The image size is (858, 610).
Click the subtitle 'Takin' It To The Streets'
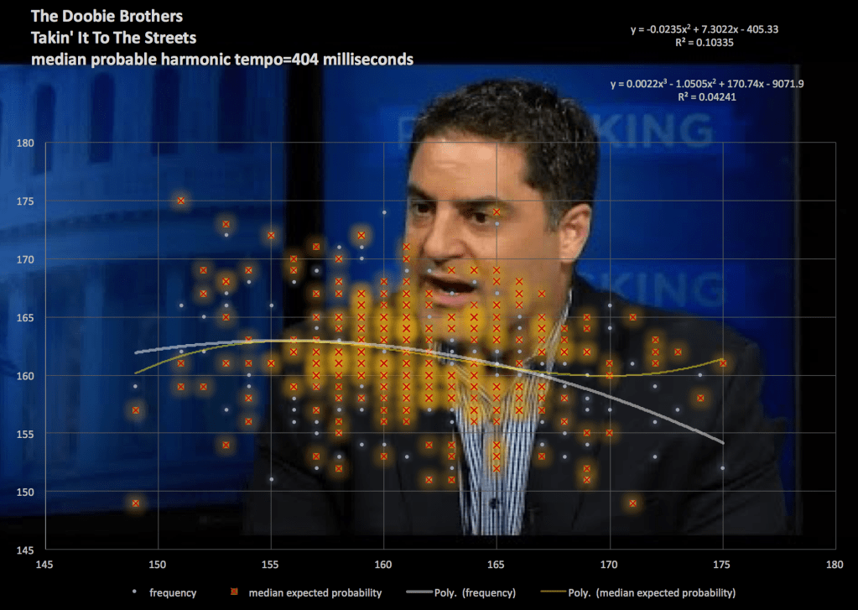point(114,38)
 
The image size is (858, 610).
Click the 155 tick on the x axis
point(271,565)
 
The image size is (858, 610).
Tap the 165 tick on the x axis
point(497,565)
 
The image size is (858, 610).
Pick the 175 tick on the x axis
point(722,565)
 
